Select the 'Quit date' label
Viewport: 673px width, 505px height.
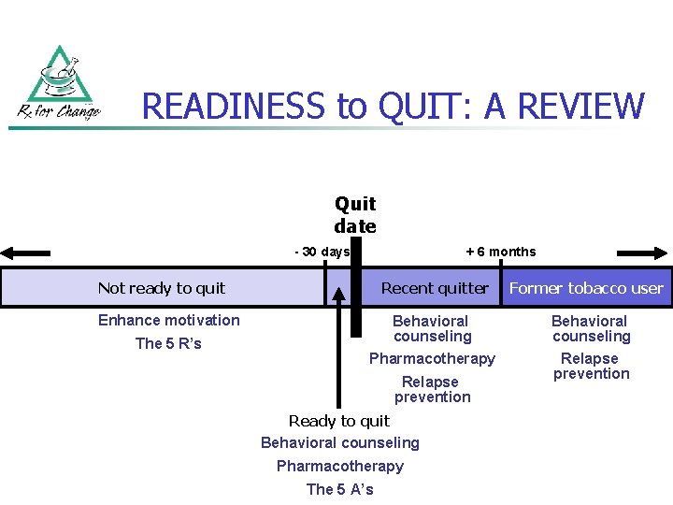(x=355, y=215)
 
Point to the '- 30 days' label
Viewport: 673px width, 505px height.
(x=322, y=252)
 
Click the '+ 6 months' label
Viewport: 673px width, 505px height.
(x=500, y=252)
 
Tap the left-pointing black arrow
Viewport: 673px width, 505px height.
(x=25, y=252)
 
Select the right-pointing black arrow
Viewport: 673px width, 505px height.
(x=643, y=252)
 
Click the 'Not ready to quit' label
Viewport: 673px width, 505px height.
(x=162, y=288)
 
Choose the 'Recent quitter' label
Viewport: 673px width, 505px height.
(x=435, y=288)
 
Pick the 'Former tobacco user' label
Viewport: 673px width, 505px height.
(x=586, y=288)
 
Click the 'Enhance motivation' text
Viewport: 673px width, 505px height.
(x=169, y=320)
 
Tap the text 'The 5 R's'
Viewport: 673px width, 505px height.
(x=168, y=343)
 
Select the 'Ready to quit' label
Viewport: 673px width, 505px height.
(x=339, y=421)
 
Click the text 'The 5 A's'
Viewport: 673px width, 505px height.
(x=339, y=489)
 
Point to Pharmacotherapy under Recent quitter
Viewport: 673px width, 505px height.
(x=432, y=358)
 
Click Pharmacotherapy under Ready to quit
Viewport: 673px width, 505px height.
(x=340, y=466)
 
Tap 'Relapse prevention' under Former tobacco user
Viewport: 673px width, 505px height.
(x=591, y=366)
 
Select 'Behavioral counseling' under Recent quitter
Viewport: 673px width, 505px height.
(x=432, y=328)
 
